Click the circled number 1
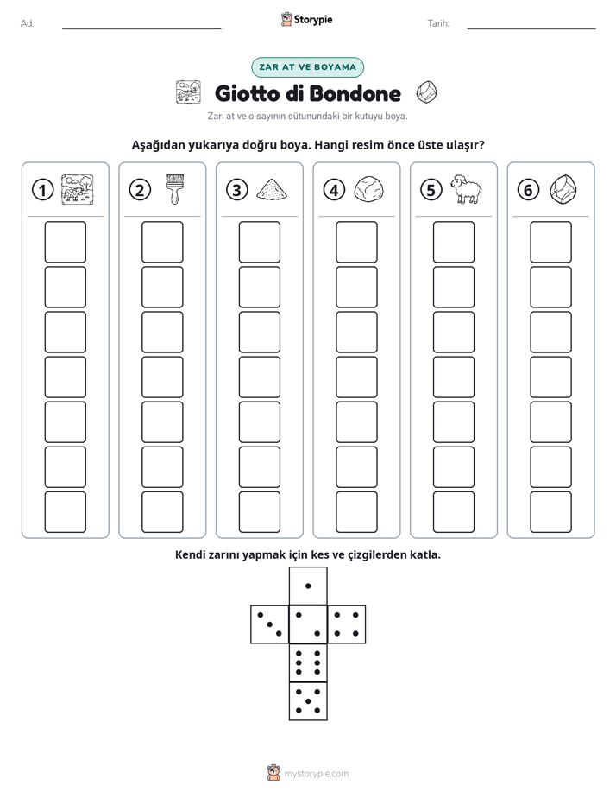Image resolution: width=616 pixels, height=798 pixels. [x=42, y=190]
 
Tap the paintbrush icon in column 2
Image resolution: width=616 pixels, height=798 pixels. [x=174, y=189]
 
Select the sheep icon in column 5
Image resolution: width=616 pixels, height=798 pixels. [x=466, y=189]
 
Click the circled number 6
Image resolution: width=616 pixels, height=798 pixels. [x=528, y=190]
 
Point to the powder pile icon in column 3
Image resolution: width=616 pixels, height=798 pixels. [x=272, y=190]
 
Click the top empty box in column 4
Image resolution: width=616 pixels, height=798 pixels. [x=356, y=242]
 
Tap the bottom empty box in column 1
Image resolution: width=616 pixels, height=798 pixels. [x=65, y=512]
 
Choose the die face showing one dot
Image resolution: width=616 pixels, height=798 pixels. [x=308, y=586]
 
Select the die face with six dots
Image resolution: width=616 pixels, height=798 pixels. [x=308, y=662]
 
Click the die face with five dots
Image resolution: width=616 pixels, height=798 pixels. [x=308, y=700]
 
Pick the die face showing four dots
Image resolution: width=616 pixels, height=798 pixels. [x=347, y=624]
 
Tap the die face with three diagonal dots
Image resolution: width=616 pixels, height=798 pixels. [x=270, y=624]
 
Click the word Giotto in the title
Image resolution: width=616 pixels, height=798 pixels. [x=248, y=93]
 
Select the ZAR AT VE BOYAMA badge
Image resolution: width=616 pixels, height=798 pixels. [x=307, y=67]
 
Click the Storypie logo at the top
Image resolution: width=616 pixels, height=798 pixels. [x=306, y=19]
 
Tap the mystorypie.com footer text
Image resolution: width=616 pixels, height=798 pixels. [x=316, y=774]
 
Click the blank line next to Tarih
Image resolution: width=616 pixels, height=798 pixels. [x=531, y=28]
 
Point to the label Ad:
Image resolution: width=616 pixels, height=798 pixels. [x=28, y=23]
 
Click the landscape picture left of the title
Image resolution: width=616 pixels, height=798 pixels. [x=188, y=92]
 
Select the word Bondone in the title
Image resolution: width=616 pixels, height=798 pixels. [x=355, y=93]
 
